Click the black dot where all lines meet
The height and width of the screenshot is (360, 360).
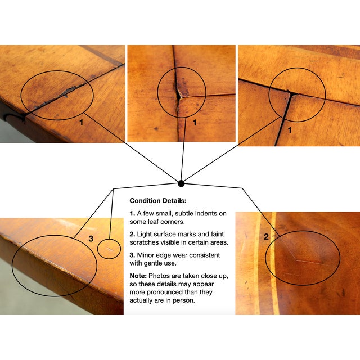[x=181, y=183]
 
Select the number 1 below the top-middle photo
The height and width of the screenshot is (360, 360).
[x=194, y=121]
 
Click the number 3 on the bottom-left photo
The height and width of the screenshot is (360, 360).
[x=91, y=238]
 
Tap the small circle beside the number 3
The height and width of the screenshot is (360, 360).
[x=110, y=248]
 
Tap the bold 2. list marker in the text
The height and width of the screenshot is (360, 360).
[x=133, y=233]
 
